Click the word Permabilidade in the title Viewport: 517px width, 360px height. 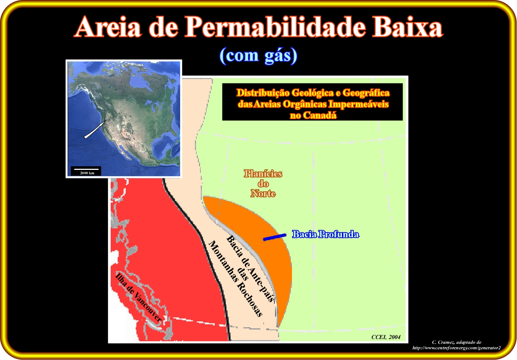[x=275, y=27]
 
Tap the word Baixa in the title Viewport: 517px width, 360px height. [x=407, y=27]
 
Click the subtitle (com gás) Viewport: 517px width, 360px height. [x=258, y=56]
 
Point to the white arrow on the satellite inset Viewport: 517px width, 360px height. [x=95, y=129]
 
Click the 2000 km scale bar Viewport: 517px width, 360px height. [x=86, y=169]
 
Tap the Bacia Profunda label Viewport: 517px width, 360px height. [x=325, y=234]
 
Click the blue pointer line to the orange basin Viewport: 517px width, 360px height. [x=275, y=237]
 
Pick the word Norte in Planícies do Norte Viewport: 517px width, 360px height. [x=263, y=193]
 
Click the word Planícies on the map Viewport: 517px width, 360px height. [x=263, y=174]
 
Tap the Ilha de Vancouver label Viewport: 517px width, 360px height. [x=139, y=298]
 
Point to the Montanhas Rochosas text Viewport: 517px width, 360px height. [x=235, y=278]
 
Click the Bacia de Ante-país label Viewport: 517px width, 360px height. [x=251, y=269]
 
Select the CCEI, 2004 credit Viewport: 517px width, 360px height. [x=386, y=337]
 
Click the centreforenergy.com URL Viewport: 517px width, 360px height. [x=457, y=348]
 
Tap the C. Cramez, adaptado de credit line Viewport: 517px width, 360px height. [x=457, y=342]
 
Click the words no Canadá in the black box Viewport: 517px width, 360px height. [x=313, y=115]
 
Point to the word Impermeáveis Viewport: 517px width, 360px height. [x=359, y=104]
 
